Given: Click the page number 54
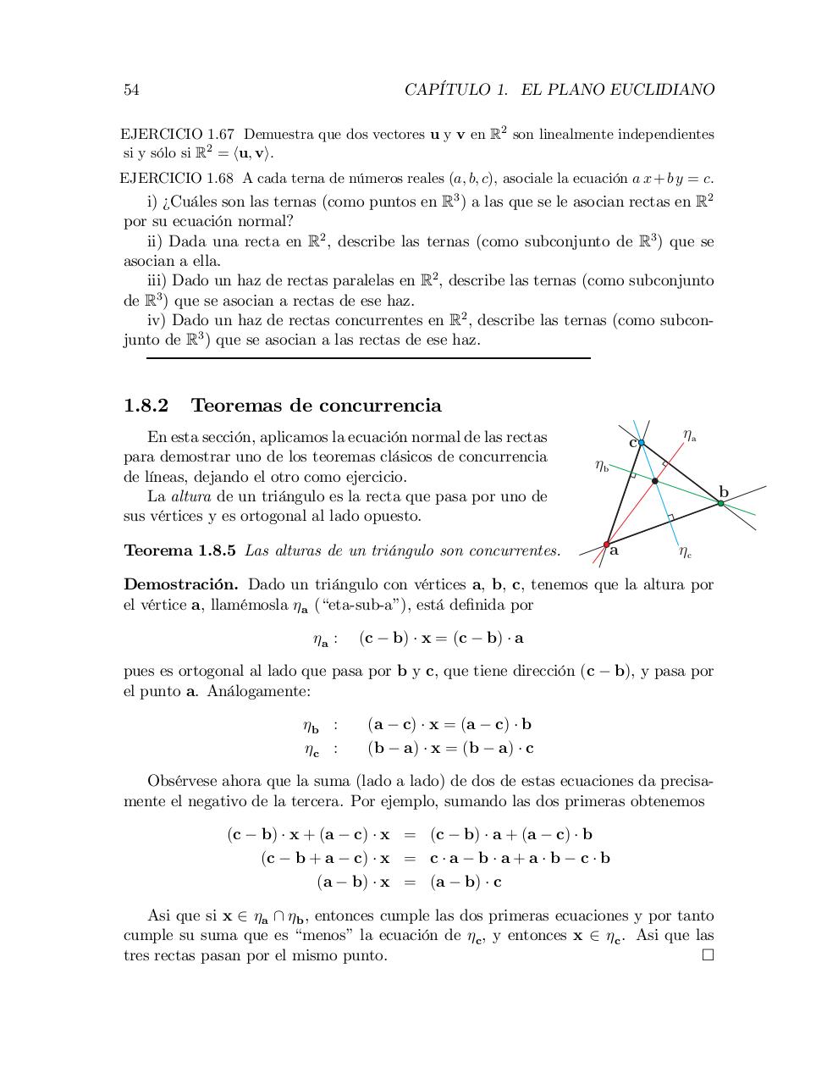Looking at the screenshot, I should [131, 90].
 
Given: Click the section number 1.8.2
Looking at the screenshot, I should [146, 406].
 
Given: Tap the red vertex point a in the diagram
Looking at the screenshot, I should [606, 545].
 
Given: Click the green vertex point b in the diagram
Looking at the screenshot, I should [720, 503].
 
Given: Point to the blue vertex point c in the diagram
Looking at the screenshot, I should [641, 443].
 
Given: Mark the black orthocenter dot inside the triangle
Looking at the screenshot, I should [655, 481].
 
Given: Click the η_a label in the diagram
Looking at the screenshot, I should [689, 435].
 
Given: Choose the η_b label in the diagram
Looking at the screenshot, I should [601, 465].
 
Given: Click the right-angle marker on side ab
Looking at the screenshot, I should [670, 517].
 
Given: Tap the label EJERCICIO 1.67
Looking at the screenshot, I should [178, 135].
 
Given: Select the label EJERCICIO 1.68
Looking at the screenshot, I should [178, 179].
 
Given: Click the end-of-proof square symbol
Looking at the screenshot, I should [708, 955].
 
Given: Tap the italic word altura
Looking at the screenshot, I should [190, 496].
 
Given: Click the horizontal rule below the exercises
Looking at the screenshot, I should [368, 358].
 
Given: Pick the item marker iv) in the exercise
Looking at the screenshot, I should [157, 321].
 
